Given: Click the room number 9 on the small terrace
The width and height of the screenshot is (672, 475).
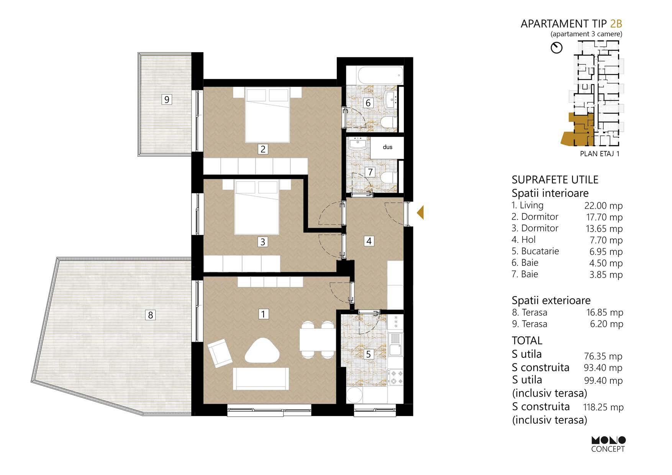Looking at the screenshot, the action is pos(167,100).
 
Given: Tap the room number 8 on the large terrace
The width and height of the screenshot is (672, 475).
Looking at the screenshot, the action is pos(151,315).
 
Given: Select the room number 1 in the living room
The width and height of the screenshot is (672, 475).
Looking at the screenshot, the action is pos(263,314).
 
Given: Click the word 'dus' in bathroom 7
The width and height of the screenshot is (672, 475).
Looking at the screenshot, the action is pos(387,147).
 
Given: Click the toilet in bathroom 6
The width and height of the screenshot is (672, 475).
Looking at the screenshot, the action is pos(388,123).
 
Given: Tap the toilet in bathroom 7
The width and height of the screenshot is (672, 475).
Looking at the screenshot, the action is pos(388,177).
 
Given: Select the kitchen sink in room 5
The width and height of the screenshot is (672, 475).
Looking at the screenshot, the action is pos(395,344).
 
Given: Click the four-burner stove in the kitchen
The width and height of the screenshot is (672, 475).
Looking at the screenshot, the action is pos(395,377).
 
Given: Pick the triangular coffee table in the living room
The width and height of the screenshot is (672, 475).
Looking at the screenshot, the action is pos(262,351).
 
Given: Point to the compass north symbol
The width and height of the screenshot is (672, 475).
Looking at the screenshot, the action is pos(556,48).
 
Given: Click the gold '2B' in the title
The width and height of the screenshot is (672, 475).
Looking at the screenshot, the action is pos(616,24).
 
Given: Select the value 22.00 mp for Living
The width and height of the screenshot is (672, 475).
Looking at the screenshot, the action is pos(603,206).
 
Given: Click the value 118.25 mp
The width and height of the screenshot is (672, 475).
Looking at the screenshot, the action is pos(603,407).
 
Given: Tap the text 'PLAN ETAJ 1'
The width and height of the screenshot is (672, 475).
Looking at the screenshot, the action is pos(600,154).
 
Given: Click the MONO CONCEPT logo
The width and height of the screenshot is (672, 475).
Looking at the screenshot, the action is pos(608,444).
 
